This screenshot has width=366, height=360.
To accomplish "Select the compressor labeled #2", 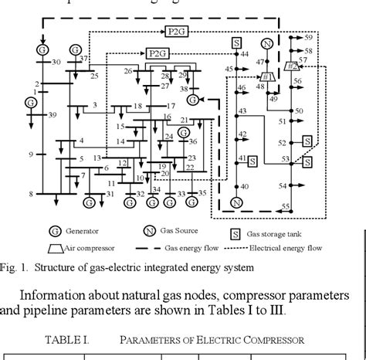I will (x=291, y=66).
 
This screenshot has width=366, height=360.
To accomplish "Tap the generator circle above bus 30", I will (x=42, y=49).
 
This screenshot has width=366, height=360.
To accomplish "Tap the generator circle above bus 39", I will (x=31, y=102).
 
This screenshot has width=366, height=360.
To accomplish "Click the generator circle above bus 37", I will (x=75, y=49).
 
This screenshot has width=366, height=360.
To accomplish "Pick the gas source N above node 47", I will (x=267, y=43).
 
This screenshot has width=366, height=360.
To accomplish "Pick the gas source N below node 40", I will (x=238, y=202).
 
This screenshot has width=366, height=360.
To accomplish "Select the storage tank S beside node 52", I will (x=307, y=141).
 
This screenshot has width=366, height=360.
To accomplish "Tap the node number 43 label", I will (x=242, y=112).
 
